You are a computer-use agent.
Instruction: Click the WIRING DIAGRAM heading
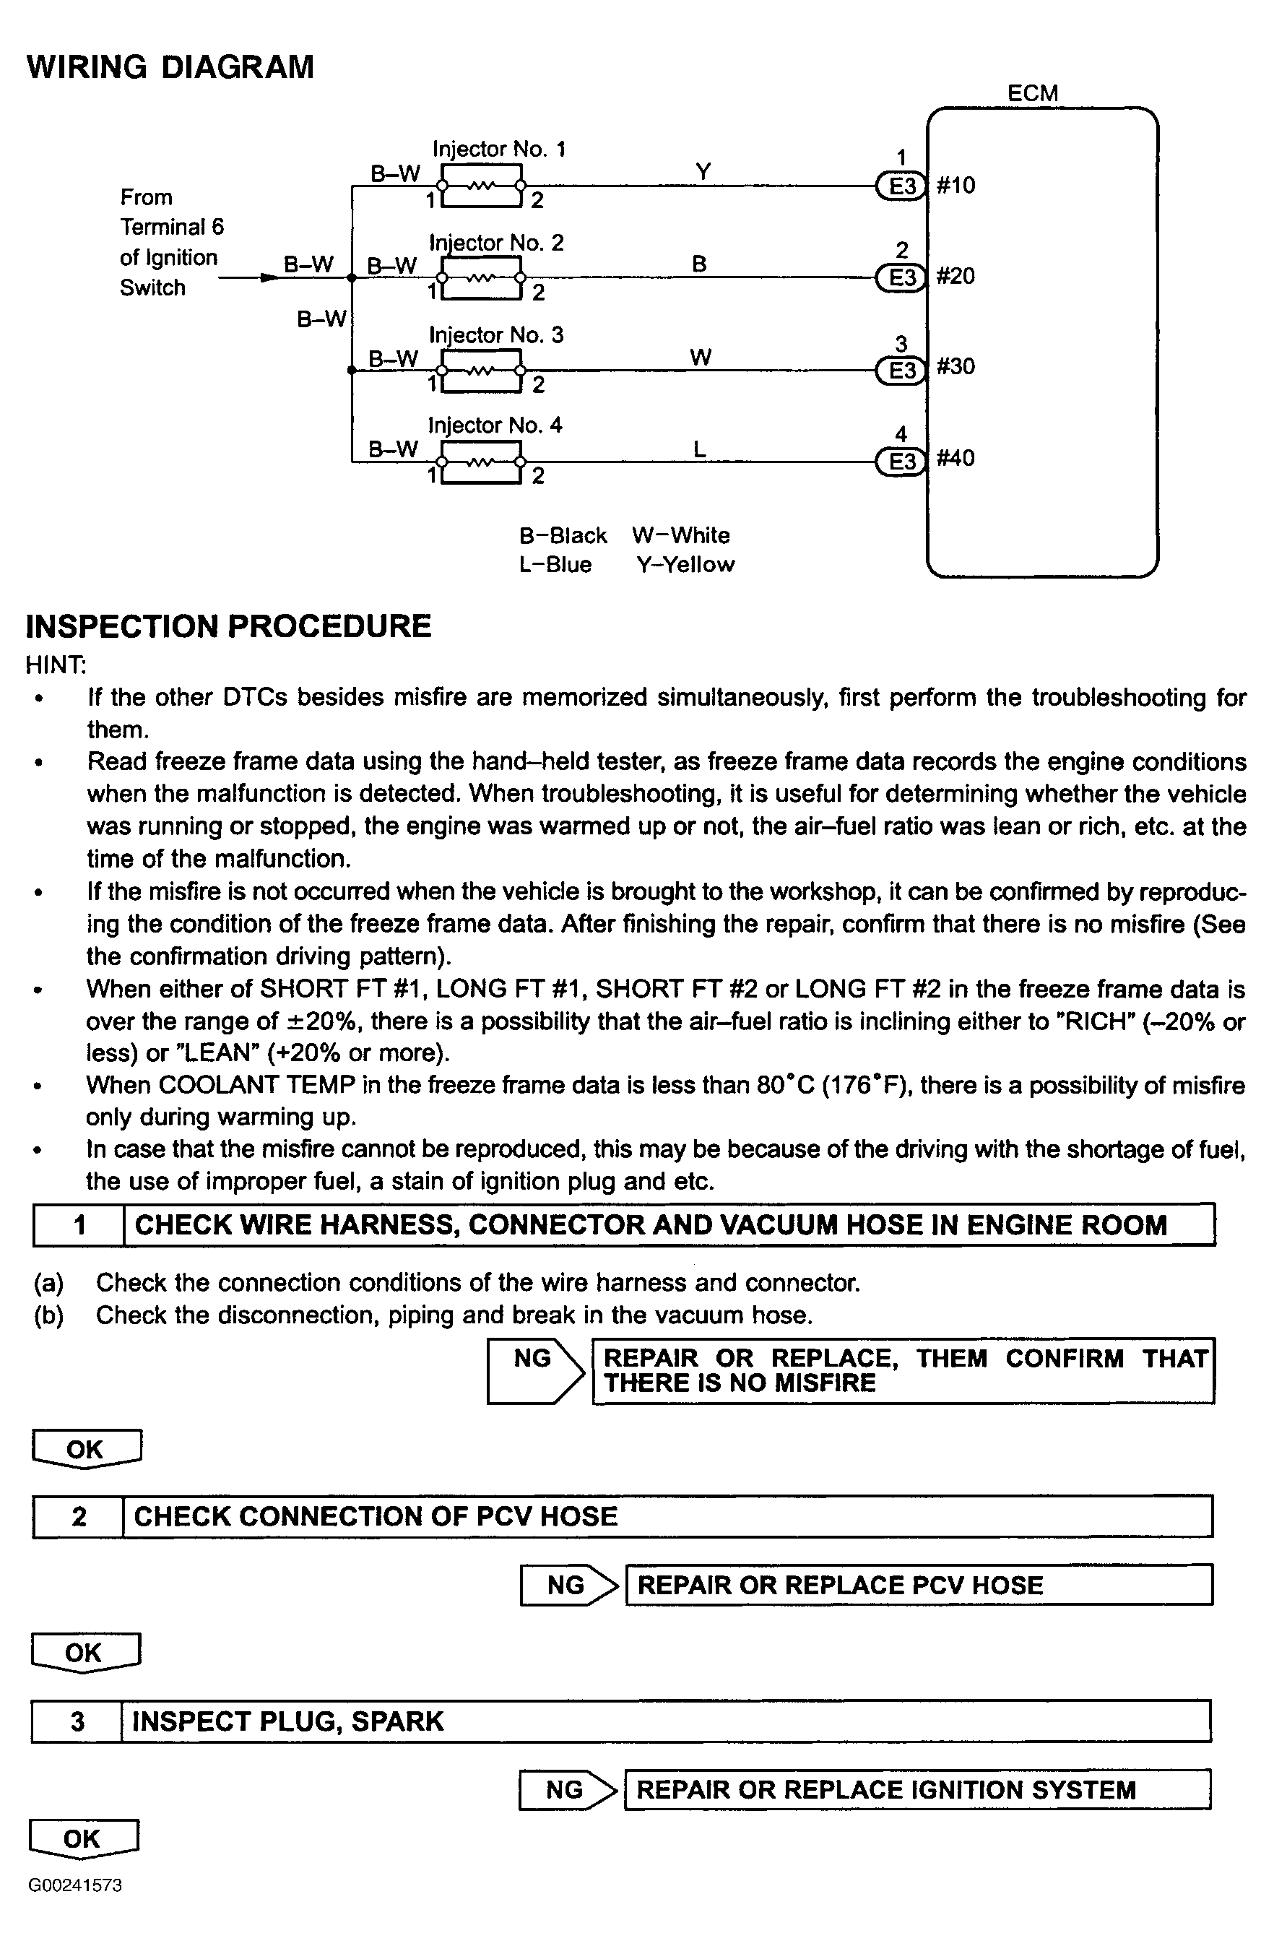click(x=170, y=67)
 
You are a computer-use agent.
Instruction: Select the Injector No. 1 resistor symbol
click(x=482, y=186)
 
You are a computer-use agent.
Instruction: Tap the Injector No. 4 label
click(x=495, y=425)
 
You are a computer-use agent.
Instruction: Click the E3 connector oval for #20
click(x=901, y=278)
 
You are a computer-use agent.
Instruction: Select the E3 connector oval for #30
click(x=901, y=371)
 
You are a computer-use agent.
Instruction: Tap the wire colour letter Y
click(x=703, y=172)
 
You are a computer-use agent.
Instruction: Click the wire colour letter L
click(x=699, y=449)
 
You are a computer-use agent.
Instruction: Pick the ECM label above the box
click(x=1032, y=93)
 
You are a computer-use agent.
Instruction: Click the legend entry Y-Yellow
click(x=685, y=564)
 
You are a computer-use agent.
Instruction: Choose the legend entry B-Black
click(x=563, y=535)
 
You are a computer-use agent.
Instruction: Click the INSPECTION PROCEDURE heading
click(x=228, y=626)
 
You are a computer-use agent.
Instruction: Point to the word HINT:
click(x=56, y=665)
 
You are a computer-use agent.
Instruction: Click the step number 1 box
click(x=79, y=1225)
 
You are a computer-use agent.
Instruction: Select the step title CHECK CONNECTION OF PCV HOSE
click(x=376, y=1517)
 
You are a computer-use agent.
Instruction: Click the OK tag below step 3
click(x=83, y=1839)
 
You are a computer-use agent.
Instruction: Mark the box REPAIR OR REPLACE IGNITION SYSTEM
click(x=916, y=1790)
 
